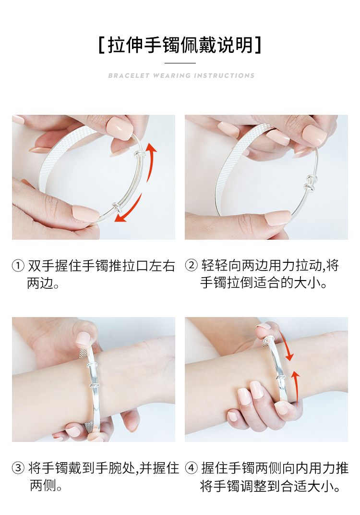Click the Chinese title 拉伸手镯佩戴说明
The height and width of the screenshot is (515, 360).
(x=180, y=45)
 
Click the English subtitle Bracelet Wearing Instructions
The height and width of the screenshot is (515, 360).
(x=181, y=75)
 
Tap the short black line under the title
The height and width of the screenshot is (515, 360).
(x=180, y=63)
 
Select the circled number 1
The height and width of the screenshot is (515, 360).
(x=18, y=265)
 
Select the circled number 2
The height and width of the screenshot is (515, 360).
(x=191, y=265)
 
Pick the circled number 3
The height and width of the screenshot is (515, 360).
(x=18, y=468)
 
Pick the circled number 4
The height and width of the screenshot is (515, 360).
(x=191, y=467)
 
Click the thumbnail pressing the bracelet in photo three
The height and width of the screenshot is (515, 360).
(x=83, y=339)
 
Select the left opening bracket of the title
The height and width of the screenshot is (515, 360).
(x=101, y=45)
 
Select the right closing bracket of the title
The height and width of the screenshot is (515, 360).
(x=258, y=45)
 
